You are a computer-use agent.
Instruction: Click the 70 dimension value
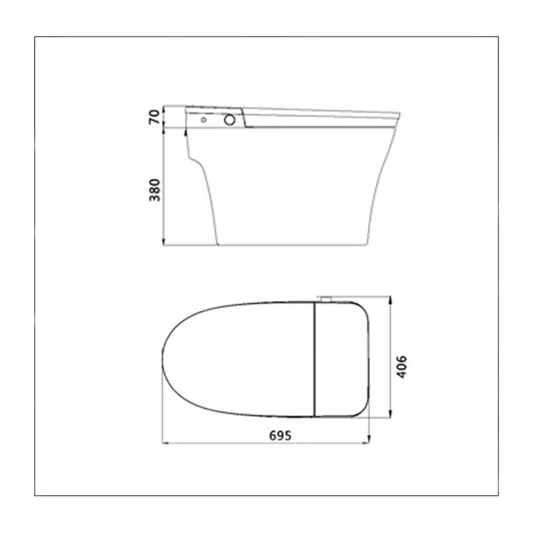(154, 117)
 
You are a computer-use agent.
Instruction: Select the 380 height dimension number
(155, 190)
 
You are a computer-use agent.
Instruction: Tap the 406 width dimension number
(402, 367)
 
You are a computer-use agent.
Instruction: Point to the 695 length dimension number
(280, 436)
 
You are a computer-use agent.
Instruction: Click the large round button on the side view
(230, 120)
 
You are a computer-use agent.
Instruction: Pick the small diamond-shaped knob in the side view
(204, 119)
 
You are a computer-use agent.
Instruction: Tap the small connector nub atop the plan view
(326, 299)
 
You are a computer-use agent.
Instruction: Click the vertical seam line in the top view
(314, 360)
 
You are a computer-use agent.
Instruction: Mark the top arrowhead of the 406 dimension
(390, 300)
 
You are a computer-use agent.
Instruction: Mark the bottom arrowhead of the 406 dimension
(390, 414)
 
